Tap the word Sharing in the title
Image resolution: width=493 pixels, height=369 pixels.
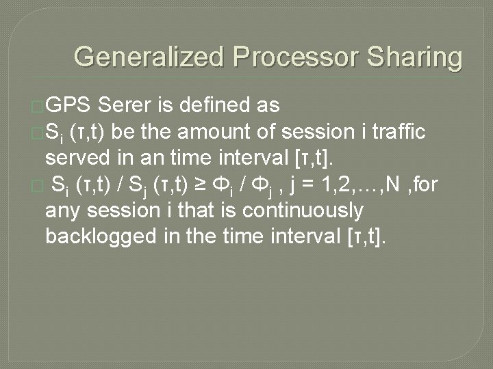pos(417,57)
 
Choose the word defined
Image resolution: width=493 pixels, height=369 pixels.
pos(213,105)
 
